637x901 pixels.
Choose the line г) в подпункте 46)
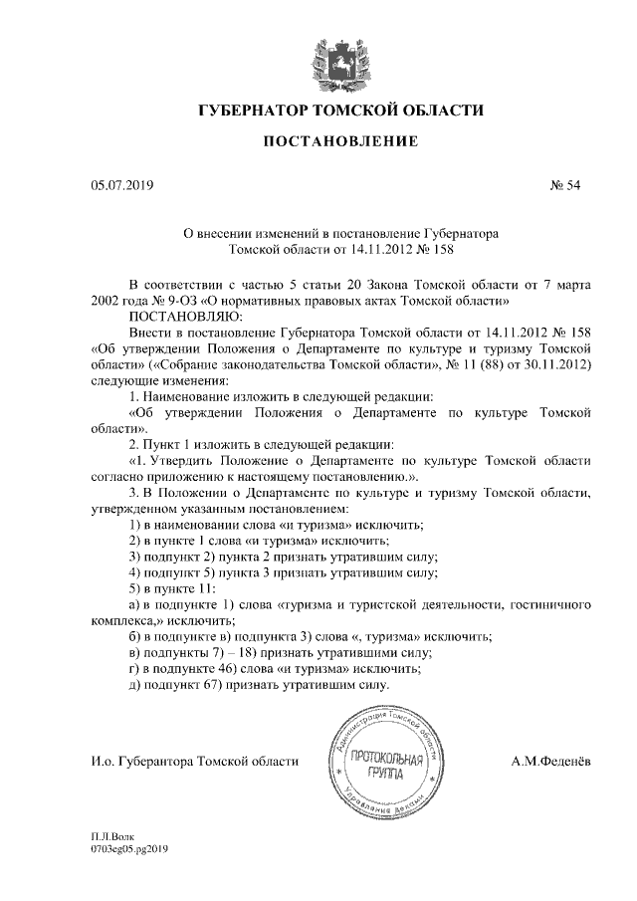(275, 670)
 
